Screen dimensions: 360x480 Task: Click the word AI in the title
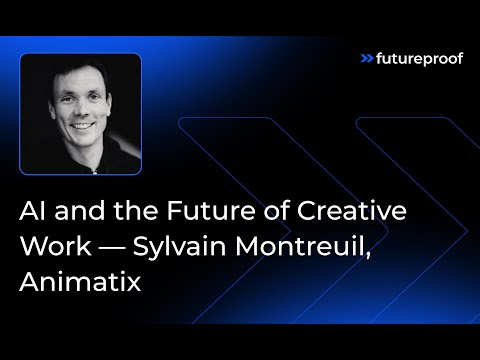33,213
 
